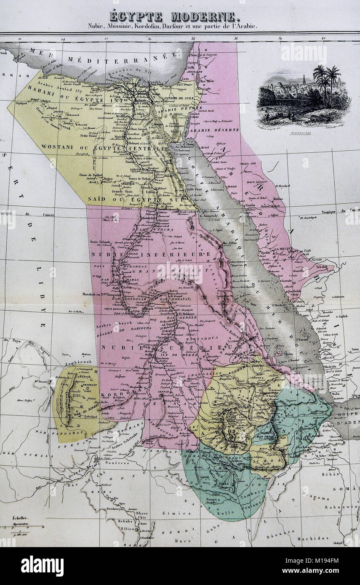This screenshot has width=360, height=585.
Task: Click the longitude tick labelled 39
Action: tap(280, 39)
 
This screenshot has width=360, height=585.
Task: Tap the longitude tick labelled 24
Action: tap(63, 39)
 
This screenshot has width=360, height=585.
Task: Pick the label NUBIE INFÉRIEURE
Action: tap(155, 255)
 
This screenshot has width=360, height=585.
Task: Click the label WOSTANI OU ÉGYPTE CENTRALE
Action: tap(101, 149)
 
